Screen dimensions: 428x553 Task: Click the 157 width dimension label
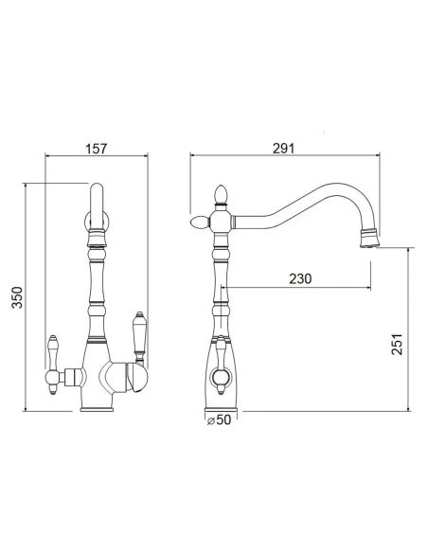click(96, 149)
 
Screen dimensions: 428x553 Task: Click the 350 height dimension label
click(17, 297)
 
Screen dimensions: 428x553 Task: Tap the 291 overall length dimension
click(283, 149)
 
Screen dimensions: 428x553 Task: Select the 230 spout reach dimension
click(300, 278)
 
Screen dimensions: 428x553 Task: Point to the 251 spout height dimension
click(397, 345)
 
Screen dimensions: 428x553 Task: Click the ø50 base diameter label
click(219, 419)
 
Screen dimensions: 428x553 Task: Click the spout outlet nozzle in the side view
click(369, 239)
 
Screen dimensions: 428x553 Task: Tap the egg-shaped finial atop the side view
click(221, 195)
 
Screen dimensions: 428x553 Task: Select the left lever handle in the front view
click(52, 365)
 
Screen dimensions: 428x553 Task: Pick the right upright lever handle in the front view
click(139, 337)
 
